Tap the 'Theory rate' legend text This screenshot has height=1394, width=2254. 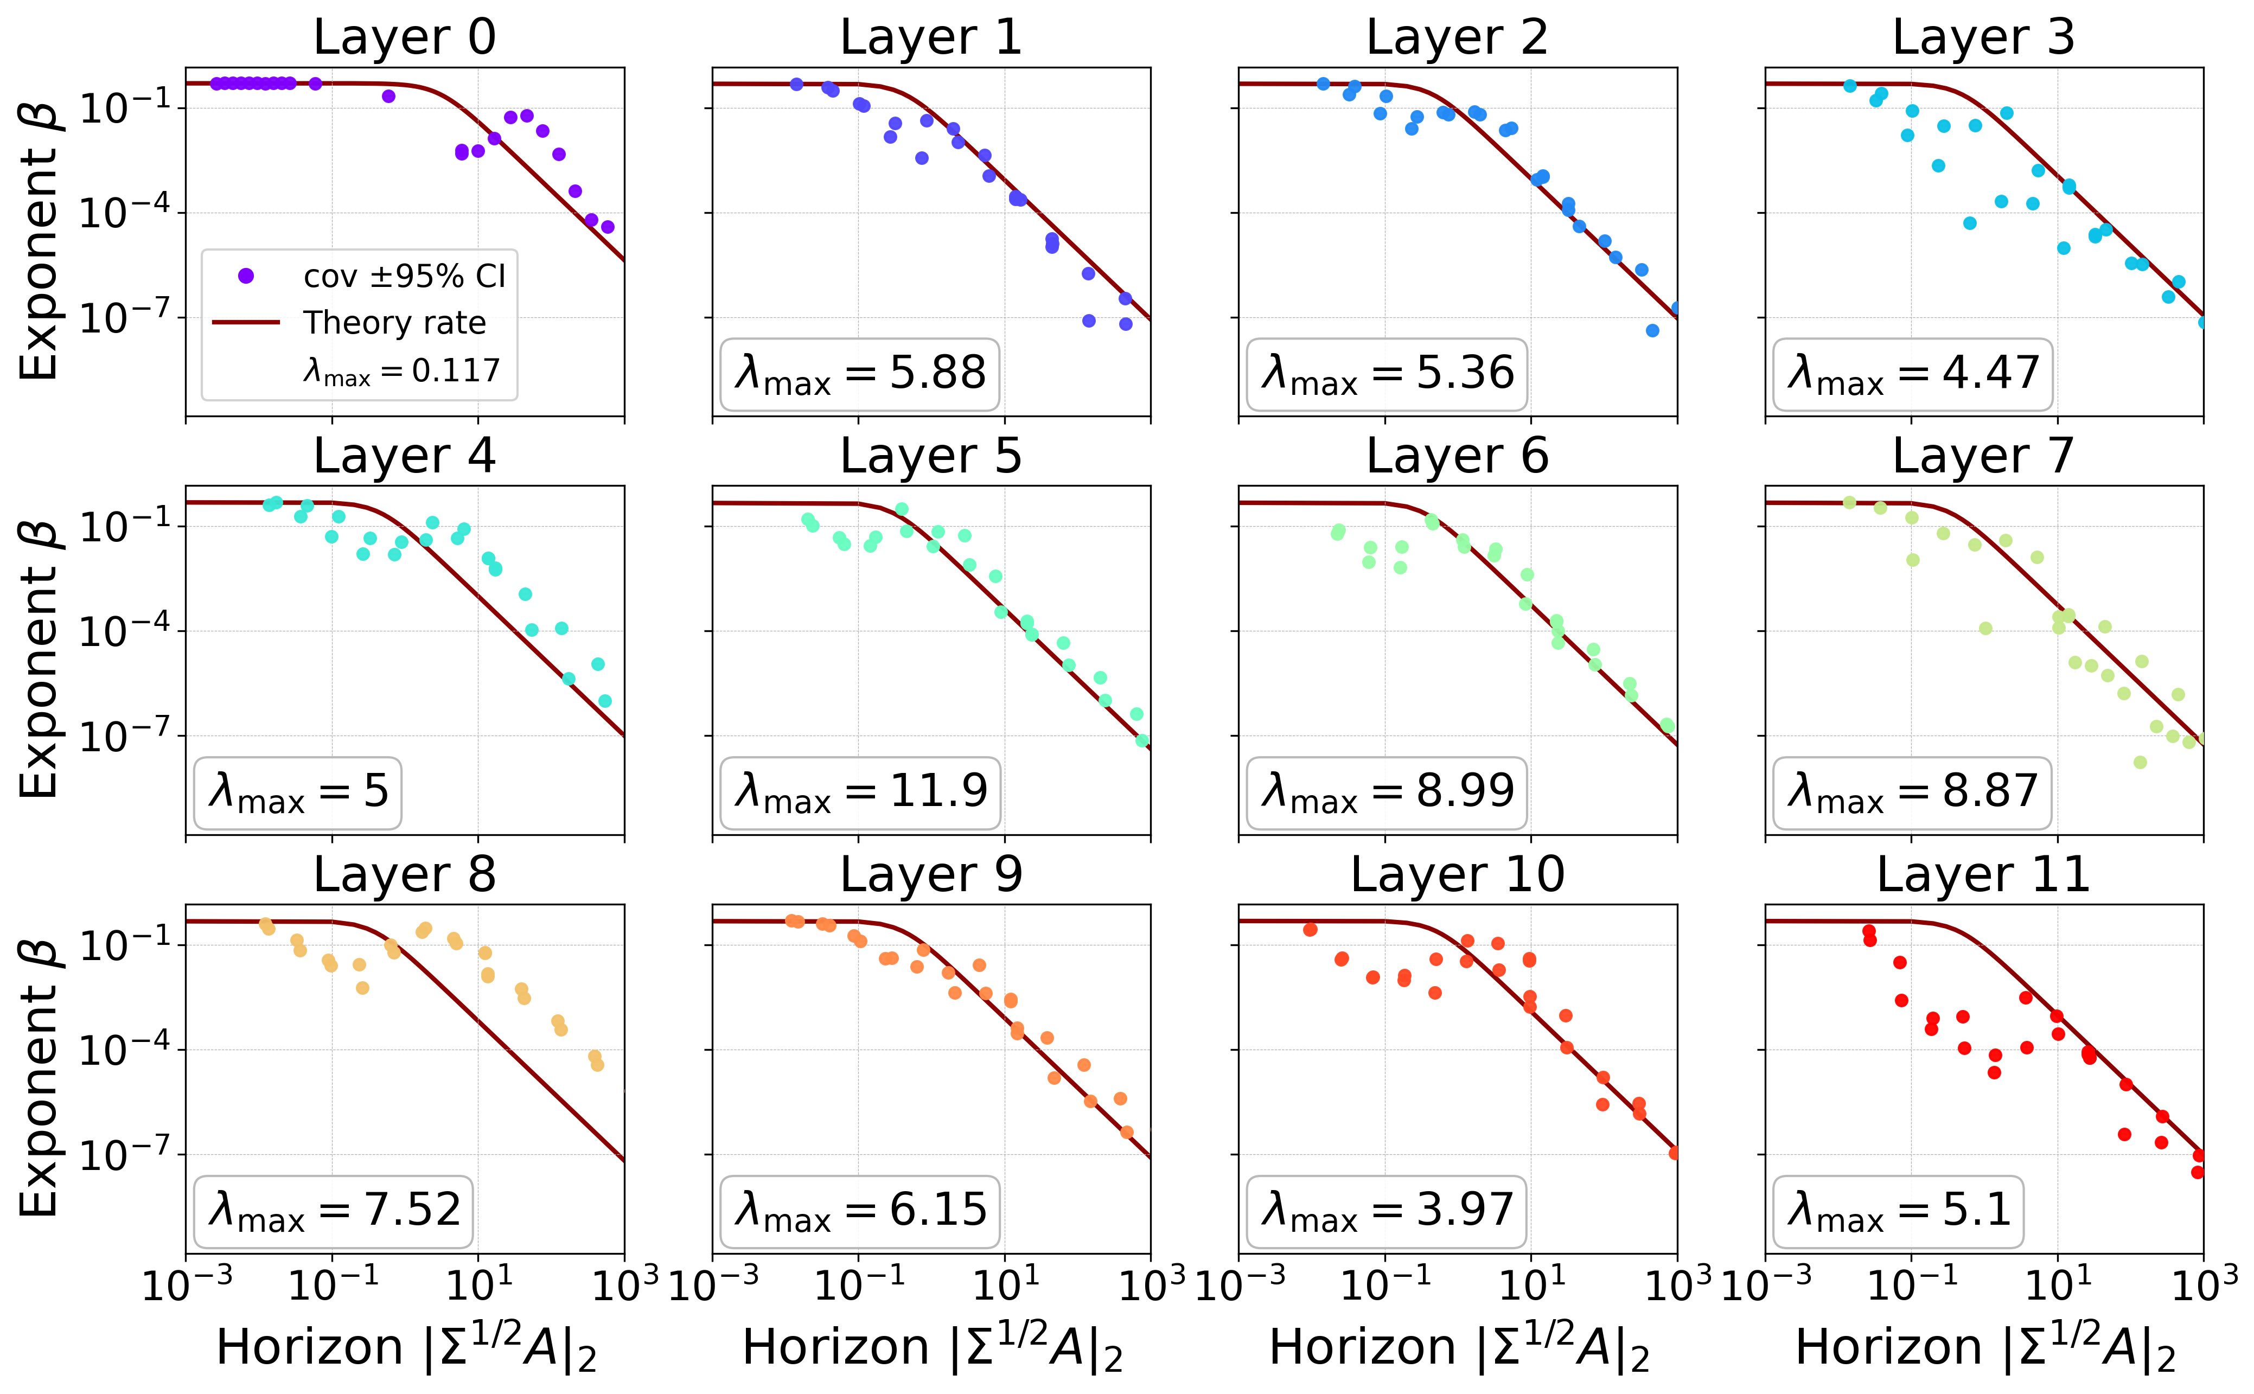(x=394, y=323)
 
